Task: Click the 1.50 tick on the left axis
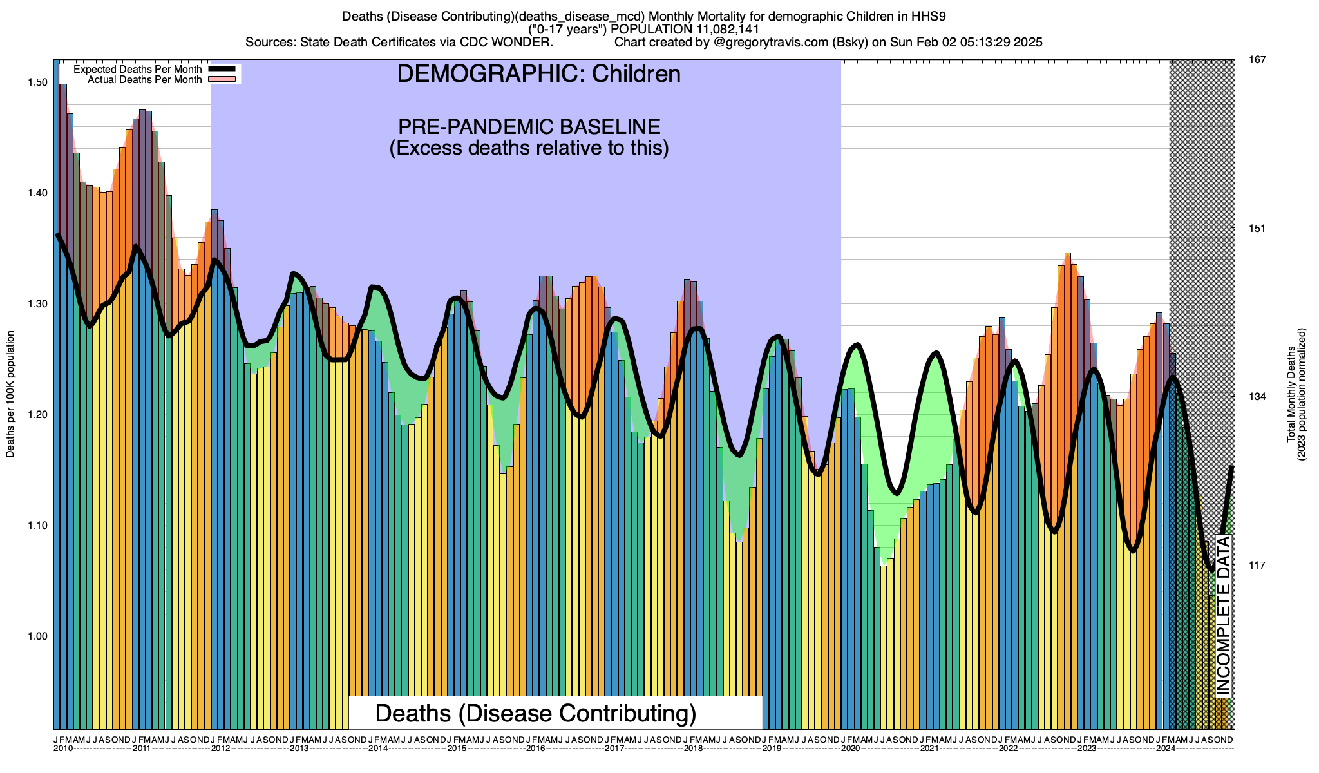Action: point(38,82)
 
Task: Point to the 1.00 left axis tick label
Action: point(38,636)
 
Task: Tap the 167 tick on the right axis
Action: point(1257,60)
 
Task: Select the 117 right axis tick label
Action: point(1257,566)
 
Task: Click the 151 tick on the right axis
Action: point(1257,229)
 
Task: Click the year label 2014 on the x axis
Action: point(378,749)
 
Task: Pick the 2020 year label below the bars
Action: point(851,749)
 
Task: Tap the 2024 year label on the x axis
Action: point(1166,749)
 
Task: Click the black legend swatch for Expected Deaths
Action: point(223,69)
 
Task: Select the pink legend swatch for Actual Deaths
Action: point(223,79)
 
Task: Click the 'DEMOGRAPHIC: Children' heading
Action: point(538,74)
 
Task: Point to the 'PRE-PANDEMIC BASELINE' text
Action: point(529,126)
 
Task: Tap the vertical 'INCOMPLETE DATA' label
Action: point(1224,615)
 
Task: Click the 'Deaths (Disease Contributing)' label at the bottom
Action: point(536,714)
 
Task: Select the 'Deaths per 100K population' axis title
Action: point(10,394)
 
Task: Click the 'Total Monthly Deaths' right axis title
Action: point(1291,394)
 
